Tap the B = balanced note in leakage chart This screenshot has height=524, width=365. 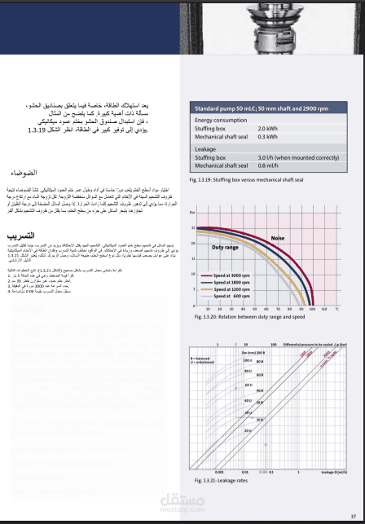point(200,358)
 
